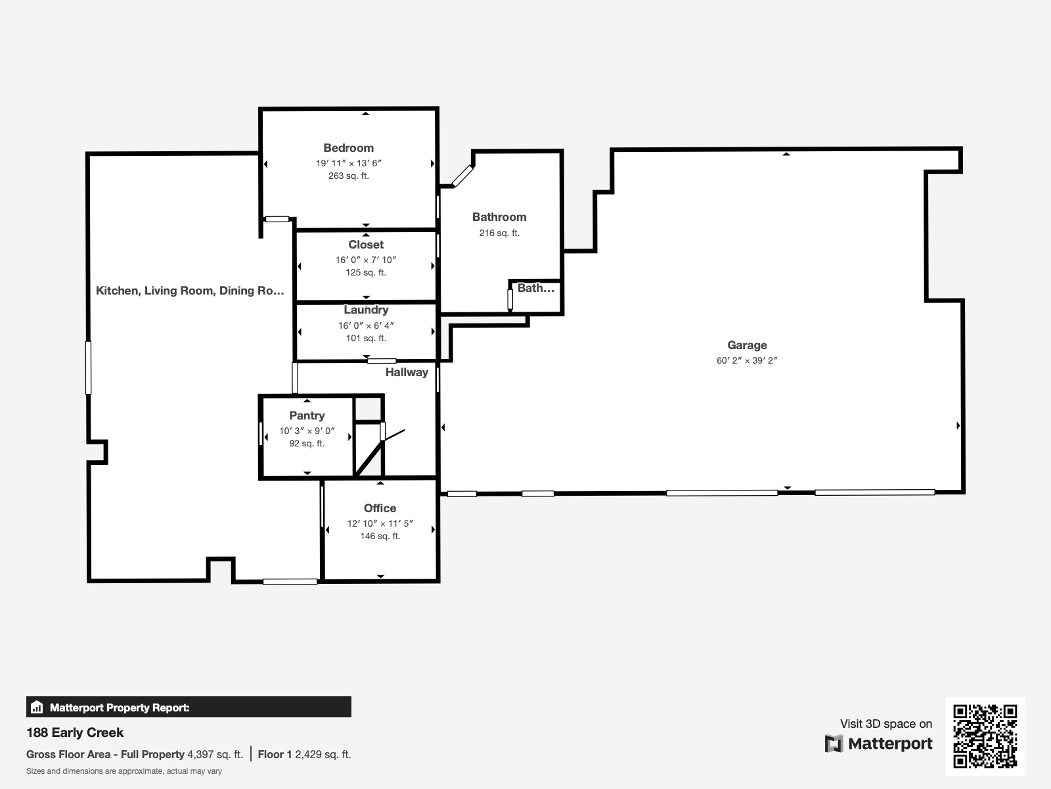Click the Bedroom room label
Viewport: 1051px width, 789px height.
click(x=349, y=148)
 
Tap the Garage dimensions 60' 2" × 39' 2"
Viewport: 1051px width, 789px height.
click(x=747, y=360)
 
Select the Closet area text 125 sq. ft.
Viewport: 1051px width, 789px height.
click(x=366, y=273)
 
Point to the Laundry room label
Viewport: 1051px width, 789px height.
click(x=366, y=310)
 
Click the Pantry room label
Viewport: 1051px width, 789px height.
click(x=307, y=416)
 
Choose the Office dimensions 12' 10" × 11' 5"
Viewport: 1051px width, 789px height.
click(x=380, y=523)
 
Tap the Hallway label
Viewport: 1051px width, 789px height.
click(x=407, y=372)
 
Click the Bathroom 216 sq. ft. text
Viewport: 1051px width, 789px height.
click(x=499, y=233)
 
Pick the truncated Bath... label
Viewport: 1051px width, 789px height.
click(x=536, y=288)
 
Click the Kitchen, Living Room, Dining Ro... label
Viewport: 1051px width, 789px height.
click(x=190, y=291)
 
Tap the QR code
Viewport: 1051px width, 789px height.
click(x=985, y=736)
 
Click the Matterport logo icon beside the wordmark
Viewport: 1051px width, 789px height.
click(x=834, y=744)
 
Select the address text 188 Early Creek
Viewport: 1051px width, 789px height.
click(x=75, y=732)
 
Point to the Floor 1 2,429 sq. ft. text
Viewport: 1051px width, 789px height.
click(x=305, y=755)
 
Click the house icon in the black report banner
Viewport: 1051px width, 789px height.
click(x=37, y=707)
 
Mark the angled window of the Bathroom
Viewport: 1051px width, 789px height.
click(x=462, y=176)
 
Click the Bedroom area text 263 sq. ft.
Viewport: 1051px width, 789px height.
click(x=349, y=176)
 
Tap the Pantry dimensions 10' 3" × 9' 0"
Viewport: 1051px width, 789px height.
click(x=307, y=431)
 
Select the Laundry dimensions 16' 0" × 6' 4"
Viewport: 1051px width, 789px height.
click(x=366, y=325)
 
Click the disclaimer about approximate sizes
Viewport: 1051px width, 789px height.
click(x=124, y=771)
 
